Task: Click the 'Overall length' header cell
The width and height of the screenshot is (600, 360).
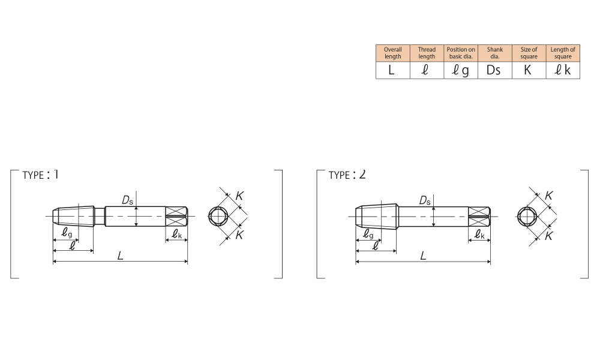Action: [x=392, y=53]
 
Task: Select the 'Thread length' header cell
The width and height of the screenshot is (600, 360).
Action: [x=427, y=53]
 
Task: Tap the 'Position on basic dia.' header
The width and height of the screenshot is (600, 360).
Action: [x=461, y=53]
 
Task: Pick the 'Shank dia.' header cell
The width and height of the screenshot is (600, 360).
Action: [x=495, y=53]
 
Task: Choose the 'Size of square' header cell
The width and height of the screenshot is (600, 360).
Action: [x=529, y=53]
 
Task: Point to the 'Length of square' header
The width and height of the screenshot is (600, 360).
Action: [x=563, y=53]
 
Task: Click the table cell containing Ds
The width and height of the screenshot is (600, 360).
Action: [x=495, y=70]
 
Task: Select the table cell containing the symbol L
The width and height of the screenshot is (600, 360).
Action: [x=392, y=70]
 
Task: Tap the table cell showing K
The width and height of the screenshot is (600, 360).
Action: [x=529, y=70]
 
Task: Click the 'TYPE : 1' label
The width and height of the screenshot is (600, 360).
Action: [x=40, y=175]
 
